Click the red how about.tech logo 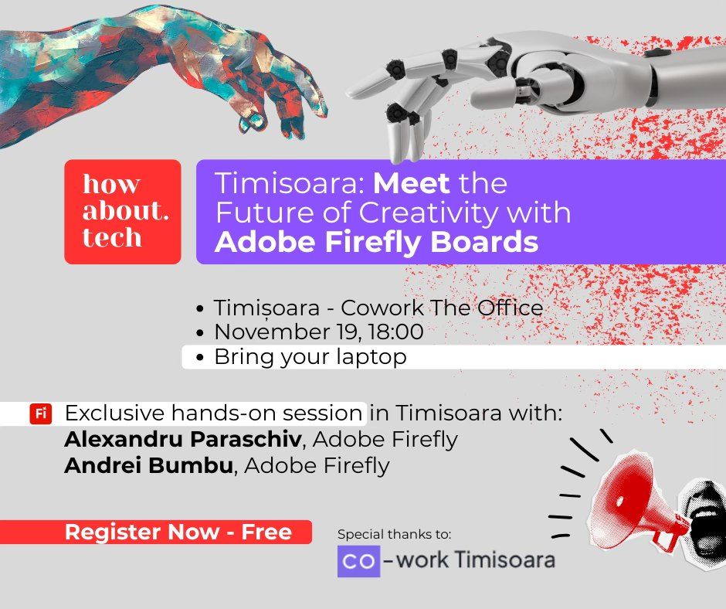click(123, 212)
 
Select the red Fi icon click(40, 414)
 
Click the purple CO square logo click(358, 561)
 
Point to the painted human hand click(154, 70)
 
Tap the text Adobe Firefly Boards click(376, 242)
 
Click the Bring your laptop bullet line click(309, 357)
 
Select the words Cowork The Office click(442, 308)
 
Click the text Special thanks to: click(394, 534)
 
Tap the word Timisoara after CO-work click(505, 560)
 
